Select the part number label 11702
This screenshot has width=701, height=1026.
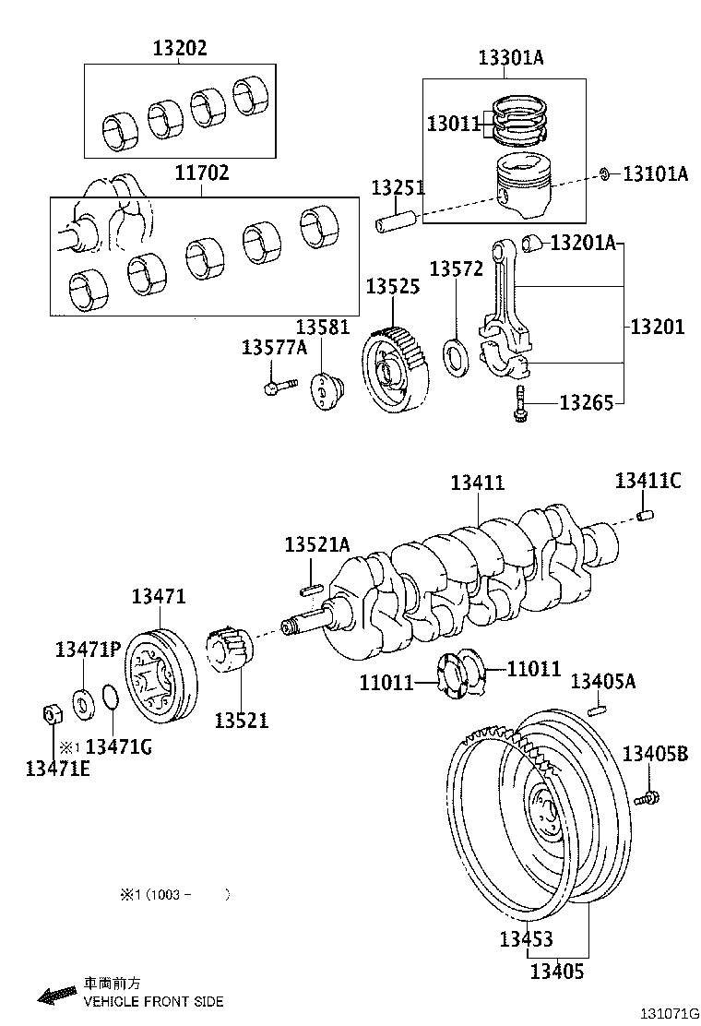(203, 173)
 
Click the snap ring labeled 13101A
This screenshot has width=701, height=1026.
(604, 173)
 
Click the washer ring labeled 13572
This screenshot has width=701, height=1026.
(456, 352)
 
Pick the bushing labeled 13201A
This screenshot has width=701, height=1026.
(532, 243)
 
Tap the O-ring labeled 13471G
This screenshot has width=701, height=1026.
(109, 698)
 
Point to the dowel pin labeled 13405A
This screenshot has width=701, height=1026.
(597, 710)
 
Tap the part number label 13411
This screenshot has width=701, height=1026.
(477, 483)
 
